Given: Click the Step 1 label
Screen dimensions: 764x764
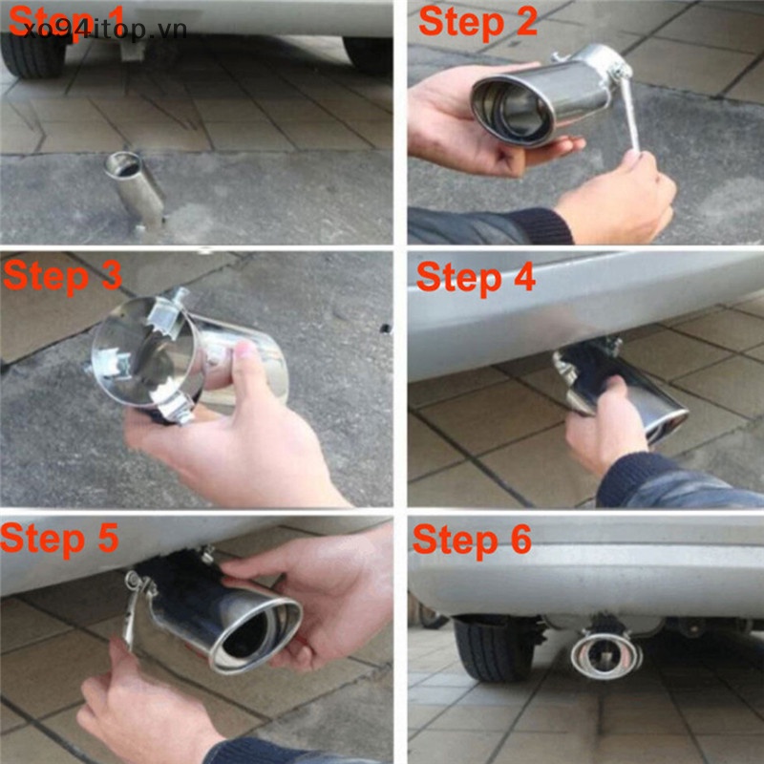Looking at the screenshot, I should click(67, 17).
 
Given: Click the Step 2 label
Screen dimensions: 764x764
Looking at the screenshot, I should click(477, 21).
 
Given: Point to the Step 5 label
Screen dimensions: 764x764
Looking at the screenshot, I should click(60, 538).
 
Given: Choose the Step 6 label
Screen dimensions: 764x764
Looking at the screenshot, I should click(472, 540).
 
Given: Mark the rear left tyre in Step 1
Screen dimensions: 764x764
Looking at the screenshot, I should click(32, 53).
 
